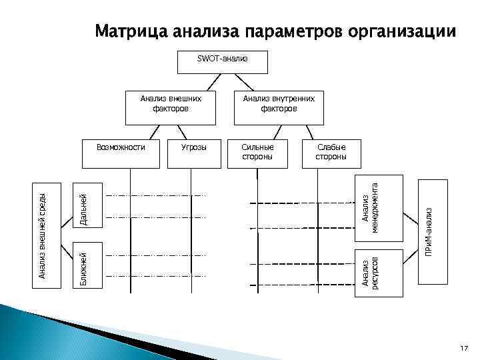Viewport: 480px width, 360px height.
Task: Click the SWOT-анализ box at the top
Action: [222, 61]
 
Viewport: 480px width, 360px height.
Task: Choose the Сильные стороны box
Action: [257, 151]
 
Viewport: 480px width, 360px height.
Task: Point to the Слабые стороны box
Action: [331, 151]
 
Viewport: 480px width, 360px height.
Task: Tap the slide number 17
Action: [464, 348]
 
